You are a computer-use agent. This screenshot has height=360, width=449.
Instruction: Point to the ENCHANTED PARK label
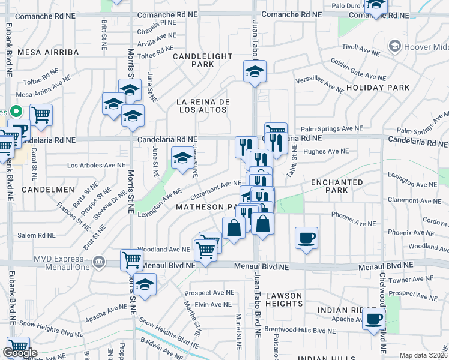click(337, 186)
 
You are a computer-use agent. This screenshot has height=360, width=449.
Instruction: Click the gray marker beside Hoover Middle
click(394, 46)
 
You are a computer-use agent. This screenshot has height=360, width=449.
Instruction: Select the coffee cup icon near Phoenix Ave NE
click(306, 238)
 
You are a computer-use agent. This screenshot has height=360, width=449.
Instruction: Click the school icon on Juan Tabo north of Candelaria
click(255, 71)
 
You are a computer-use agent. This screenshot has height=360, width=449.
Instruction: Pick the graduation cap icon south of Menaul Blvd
click(145, 284)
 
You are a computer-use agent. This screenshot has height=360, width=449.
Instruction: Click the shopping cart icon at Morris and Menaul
click(131, 260)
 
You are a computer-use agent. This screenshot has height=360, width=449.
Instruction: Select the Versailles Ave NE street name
click(319, 85)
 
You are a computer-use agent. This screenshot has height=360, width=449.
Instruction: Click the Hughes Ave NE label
click(323, 152)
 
